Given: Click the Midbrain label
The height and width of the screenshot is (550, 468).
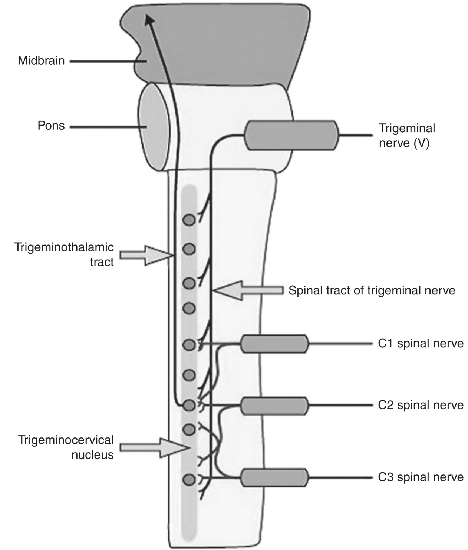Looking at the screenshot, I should [x=41, y=61].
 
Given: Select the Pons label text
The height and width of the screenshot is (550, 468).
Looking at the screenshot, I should [x=51, y=126].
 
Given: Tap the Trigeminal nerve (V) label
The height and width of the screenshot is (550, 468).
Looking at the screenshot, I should [x=407, y=136].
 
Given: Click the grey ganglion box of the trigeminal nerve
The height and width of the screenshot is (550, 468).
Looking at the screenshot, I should [x=292, y=135].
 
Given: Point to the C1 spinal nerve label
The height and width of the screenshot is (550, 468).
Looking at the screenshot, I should [x=421, y=344].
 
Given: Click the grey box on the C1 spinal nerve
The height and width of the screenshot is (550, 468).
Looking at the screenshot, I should [x=274, y=344].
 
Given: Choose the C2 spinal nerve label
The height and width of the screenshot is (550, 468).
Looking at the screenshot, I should [x=421, y=405].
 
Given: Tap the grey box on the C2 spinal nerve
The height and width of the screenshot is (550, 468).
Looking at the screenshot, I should [x=274, y=406].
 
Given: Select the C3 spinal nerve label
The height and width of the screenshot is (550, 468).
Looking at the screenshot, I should [x=421, y=477].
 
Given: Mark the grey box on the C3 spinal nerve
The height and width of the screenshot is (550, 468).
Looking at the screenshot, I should [x=274, y=478].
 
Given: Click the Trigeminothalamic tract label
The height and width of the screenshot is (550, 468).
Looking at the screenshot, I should [x=64, y=254].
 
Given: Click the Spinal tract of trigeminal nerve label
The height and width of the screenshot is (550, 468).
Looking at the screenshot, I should [x=372, y=290].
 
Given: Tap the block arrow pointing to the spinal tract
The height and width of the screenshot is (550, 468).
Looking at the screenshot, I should [x=248, y=290].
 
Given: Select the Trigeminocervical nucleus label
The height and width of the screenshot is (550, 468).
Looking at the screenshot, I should [x=66, y=447].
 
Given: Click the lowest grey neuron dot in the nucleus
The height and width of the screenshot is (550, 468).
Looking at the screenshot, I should [x=189, y=480].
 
